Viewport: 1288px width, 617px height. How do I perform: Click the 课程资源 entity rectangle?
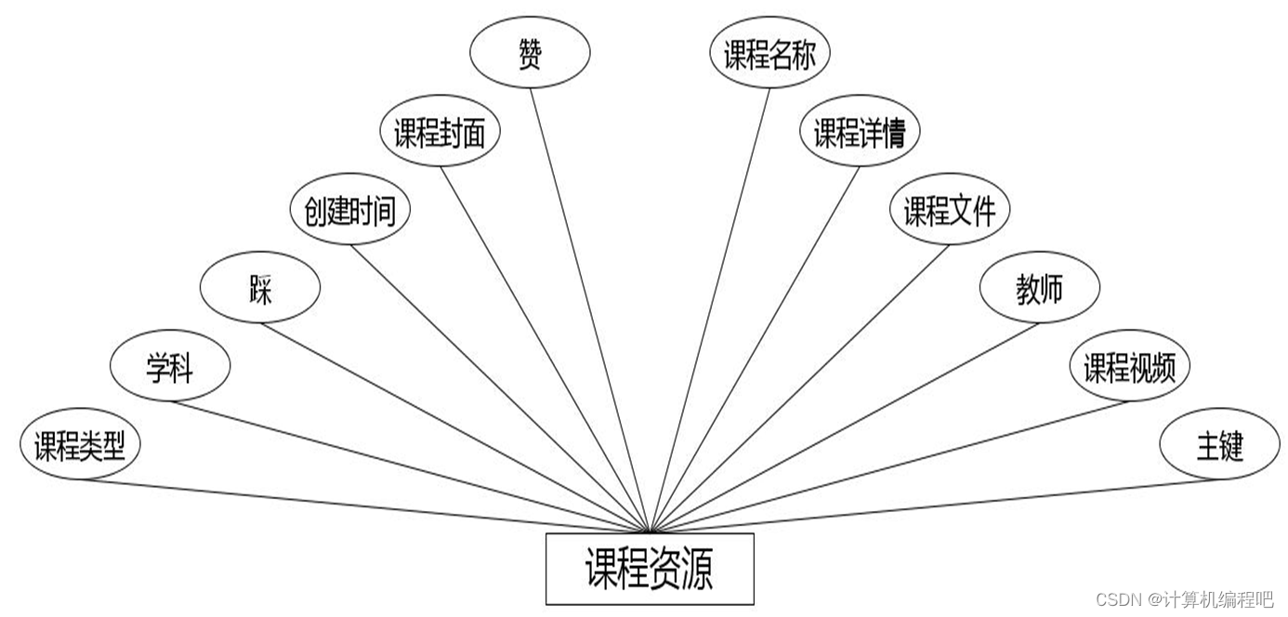(649, 569)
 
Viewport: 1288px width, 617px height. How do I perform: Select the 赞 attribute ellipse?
(530, 54)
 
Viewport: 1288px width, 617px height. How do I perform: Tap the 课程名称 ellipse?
(769, 56)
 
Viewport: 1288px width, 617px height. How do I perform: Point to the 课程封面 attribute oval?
(440, 134)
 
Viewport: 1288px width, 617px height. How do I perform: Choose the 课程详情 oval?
(860, 134)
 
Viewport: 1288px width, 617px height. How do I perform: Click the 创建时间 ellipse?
(349, 211)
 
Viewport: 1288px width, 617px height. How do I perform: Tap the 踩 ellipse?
(260, 290)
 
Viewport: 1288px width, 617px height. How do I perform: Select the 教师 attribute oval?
(1039, 290)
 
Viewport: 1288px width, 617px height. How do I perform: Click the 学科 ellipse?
(170, 368)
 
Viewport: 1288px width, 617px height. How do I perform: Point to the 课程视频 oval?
(1129, 368)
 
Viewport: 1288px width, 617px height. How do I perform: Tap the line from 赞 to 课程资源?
(589, 307)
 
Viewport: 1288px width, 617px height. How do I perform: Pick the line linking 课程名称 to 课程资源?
(711, 307)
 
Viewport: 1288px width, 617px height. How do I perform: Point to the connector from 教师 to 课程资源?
(846, 426)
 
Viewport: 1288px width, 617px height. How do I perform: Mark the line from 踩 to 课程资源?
(455, 426)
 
